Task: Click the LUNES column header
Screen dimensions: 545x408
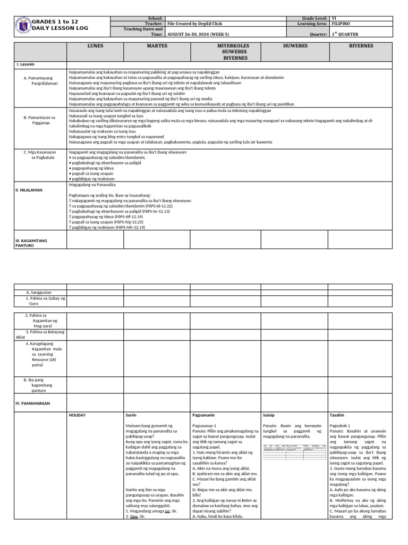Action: [95, 46]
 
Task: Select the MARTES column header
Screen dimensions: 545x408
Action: [157, 46]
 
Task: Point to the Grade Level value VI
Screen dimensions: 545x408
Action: [334, 18]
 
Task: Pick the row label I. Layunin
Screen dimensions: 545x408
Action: [25, 64]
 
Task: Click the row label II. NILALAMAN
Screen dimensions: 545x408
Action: [29, 189]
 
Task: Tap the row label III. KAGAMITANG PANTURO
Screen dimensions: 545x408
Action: [31, 243]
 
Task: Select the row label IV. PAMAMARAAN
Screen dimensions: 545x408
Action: [32, 403]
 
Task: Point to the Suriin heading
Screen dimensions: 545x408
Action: [131, 415]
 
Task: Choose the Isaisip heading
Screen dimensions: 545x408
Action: [269, 415]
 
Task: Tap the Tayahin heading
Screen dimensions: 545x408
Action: [337, 415]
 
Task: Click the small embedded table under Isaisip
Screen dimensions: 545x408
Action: [294, 449]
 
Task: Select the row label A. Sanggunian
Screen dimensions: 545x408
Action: [39, 292]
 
